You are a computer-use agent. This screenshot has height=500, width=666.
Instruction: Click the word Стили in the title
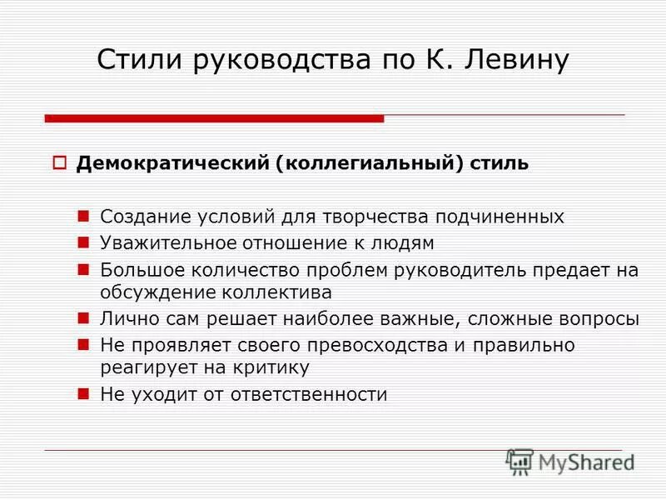(x=142, y=60)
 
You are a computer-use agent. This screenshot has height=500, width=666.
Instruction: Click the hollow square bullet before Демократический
(x=59, y=162)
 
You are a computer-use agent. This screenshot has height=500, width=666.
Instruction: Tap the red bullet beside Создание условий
(x=83, y=216)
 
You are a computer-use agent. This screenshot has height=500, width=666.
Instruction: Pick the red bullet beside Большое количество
(x=83, y=268)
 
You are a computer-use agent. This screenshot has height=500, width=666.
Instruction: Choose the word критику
(x=272, y=367)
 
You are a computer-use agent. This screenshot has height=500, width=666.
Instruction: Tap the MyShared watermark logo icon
(x=519, y=462)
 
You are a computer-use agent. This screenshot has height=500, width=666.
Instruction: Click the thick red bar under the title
(x=214, y=118)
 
